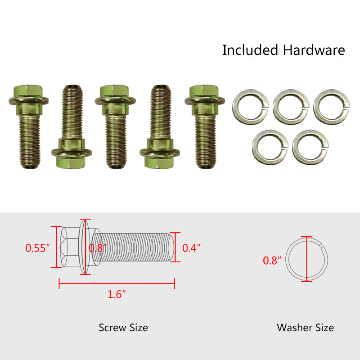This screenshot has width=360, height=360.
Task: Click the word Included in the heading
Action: pyautogui.click(x=251, y=50)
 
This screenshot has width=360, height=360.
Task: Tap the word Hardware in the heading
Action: pyautogui.click(x=314, y=50)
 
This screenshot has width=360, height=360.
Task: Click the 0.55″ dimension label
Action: pyautogui.click(x=38, y=248)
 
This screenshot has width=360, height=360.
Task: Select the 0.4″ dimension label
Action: pyautogui.click(x=192, y=248)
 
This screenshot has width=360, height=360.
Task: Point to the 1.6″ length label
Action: pyautogui.click(x=117, y=294)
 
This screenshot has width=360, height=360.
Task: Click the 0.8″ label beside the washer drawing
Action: pyautogui.click(x=272, y=261)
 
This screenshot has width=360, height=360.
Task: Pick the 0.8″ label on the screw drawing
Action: pyautogui.click(x=98, y=248)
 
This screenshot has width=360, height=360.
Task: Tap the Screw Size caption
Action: pyautogui.click(x=123, y=328)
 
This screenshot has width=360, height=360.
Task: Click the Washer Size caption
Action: pyautogui.click(x=306, y=328)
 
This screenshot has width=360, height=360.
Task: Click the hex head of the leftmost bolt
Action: pyautogui.click(x=28, y=91)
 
